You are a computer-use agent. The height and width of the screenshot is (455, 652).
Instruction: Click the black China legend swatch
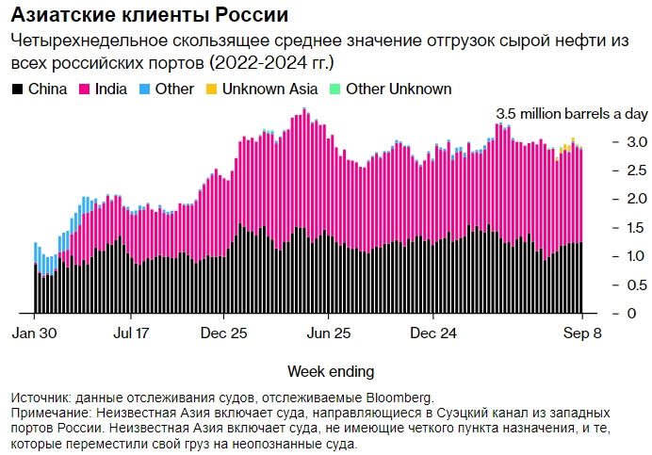click(x=18, y=89)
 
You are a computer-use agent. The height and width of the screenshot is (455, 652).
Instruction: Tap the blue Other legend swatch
click(x=144, y=89)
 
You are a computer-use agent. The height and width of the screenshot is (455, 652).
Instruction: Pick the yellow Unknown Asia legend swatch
click(x=212, y=89)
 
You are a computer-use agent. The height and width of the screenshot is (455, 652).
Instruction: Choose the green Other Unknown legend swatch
click(x=334, y=89)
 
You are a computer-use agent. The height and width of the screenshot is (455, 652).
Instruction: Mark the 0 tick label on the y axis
click(x=618, y=314)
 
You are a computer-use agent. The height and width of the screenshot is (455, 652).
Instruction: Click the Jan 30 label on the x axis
click(x=35, y=333)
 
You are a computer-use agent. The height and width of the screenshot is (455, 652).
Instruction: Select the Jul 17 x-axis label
click(x=131, y=333)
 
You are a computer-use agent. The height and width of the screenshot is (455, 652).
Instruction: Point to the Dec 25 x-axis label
click(x=225, y=333)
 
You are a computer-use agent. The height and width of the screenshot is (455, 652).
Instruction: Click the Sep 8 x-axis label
click(x=582, y=333)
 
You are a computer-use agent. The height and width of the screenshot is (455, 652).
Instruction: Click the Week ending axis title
click(x=331, y=370)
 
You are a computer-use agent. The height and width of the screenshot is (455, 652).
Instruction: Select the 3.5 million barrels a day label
click(x=571, y=114)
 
